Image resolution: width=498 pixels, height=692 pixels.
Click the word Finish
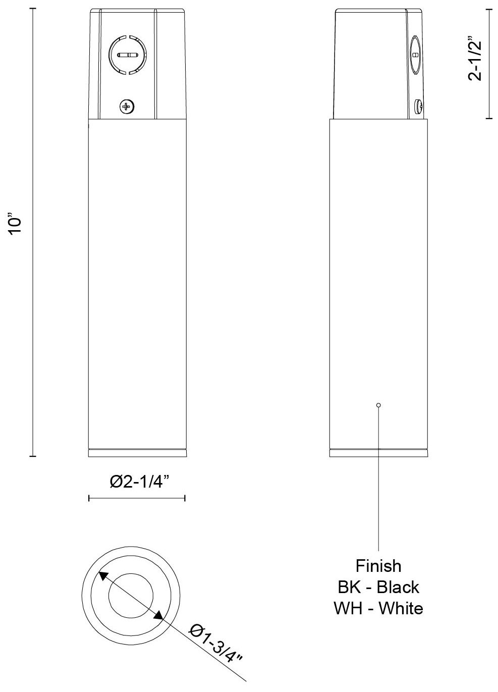[x=378, y=566]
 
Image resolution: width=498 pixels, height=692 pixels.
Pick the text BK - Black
[x=378, y=587]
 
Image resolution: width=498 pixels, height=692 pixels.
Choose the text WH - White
[x=378, y=608]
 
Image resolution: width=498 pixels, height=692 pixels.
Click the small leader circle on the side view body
[x=379, y=405]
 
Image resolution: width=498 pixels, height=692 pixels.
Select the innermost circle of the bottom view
[x=131, y=595]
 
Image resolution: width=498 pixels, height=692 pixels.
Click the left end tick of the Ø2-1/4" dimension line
[x=89, y=498]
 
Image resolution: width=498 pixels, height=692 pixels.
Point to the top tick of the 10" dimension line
[x=33, y=9]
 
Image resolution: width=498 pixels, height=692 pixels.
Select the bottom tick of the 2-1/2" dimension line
[x=489, y=119]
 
